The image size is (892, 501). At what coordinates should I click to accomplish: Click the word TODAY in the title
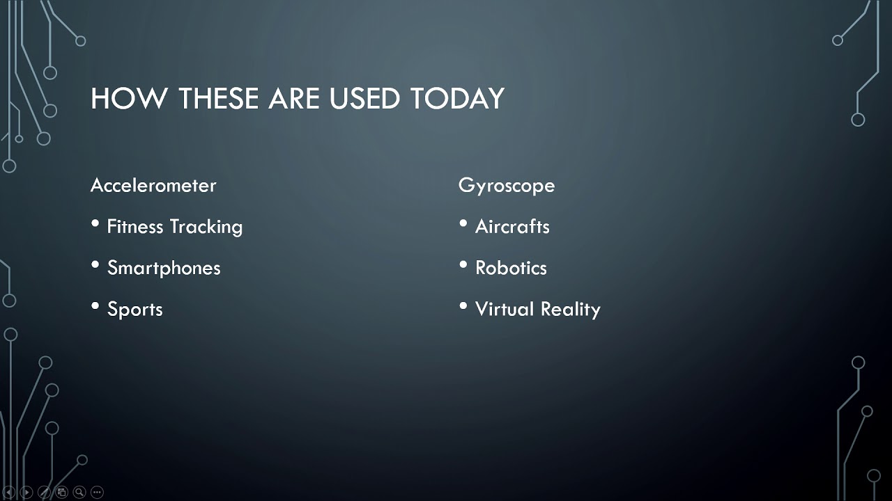click(457, 99)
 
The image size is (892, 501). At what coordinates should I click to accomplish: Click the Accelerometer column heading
click(153, 185)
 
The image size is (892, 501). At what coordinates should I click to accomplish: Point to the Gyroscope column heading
click(507, 185)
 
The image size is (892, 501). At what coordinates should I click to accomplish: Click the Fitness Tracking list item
click(174, 227)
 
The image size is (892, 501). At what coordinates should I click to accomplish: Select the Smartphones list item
click(164, 268)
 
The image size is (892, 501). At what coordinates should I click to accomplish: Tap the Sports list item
click(134, 310)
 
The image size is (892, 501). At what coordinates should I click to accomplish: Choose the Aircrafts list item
click(512, 227)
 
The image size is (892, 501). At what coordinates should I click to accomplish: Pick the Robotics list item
click(511, 268)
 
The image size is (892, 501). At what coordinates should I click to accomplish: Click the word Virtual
click(504, 309)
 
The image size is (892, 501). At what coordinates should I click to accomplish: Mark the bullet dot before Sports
click(95, 306)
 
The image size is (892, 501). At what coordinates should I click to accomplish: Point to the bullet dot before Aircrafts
click(463, 223)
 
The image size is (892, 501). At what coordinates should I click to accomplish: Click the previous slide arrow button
click(9, 493)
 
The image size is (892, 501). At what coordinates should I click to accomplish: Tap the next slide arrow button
click(26, 493)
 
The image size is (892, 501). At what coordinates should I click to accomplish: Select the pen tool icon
click(44, 493)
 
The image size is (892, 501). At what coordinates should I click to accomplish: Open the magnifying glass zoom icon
click(79, 493)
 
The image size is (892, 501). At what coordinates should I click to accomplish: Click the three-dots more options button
click(97, 493)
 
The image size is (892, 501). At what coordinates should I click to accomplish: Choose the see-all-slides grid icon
click(62, 493)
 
